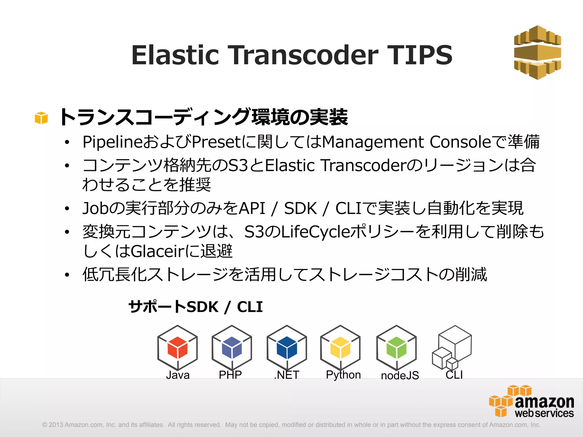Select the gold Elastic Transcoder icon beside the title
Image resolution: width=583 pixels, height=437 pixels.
click(x=537, y=52)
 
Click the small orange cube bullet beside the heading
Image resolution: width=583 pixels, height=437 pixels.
click(x=41, y=118)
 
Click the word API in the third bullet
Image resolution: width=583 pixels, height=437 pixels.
click(x=252, y=208)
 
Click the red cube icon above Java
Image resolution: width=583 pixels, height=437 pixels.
click(x=177, y=348)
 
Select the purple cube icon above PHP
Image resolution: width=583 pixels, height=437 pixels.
click(x=232, y=348)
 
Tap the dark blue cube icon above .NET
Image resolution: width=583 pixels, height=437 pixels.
click(x=287, y=348)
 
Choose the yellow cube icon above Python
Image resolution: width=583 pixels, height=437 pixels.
click(x=340, y=348)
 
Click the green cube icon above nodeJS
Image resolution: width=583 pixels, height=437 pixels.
click(x=396, y=348)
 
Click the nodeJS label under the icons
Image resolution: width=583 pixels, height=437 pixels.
click(x=400, y=376)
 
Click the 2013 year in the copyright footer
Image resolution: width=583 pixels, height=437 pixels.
click(x=56, y=425)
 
